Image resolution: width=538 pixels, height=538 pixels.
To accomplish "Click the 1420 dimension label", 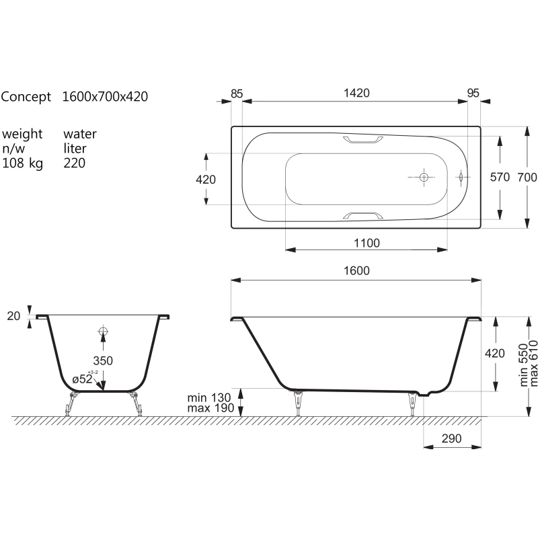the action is tap(356, 93).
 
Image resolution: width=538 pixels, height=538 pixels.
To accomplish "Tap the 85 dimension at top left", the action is tap(237, 93).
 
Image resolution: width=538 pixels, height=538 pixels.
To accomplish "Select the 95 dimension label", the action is tap(473, 93).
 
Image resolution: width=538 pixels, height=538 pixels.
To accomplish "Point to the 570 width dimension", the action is tap(500, 177).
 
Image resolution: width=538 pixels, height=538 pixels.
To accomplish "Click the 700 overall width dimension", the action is tap(527, 177).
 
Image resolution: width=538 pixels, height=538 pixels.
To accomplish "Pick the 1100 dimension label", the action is tap(367, 243).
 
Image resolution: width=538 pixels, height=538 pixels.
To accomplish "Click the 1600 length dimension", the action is tap(356, 271).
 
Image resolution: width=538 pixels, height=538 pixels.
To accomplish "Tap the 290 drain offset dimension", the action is tap(451, 438).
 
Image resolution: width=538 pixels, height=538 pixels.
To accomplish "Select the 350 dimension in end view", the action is tap(103, 360).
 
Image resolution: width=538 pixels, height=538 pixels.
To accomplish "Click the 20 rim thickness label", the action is tap(13, 316).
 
